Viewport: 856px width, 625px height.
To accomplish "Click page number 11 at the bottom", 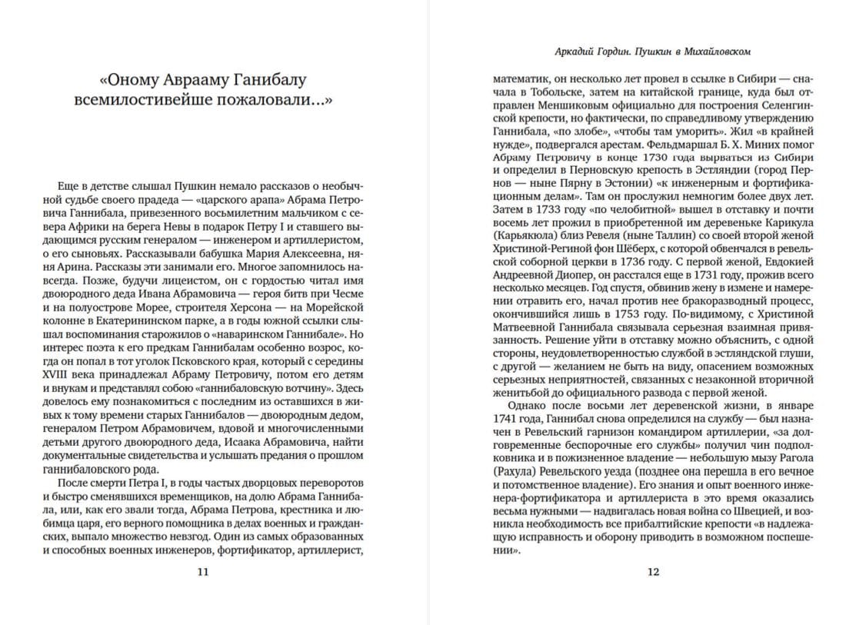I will (202, 571).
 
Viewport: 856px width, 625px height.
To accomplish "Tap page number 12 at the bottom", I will (653, 571).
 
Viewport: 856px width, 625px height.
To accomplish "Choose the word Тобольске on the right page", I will (555, 93).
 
